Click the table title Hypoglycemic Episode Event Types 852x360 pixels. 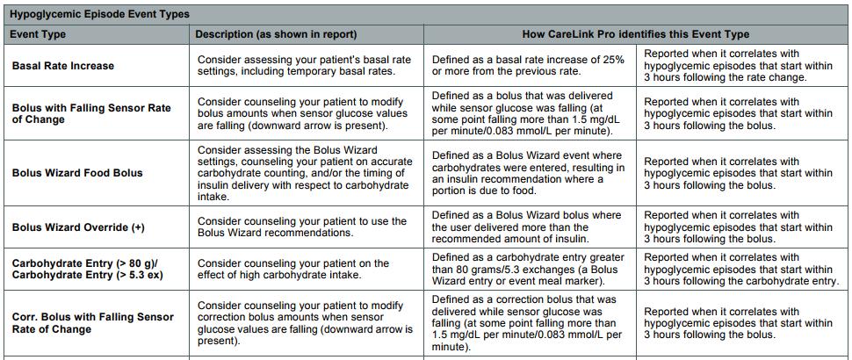pyautogui.click(x=99, y=14)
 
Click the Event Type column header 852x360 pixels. pyautogui.click(x=38, y=34)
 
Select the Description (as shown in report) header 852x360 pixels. pyautogui.click(x=276, y=34)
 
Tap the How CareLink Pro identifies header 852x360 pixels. pyautogui.click(x=636, y=34)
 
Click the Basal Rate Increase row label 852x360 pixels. pyautogui.click(x=63, y=66)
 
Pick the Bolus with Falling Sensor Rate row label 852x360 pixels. pyautogui.click(x=91, y=113)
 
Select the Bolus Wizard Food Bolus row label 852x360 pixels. pyautogui.click(x=77, y=173)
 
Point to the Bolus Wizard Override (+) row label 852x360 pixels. pyautogui.click(x=78, y=227)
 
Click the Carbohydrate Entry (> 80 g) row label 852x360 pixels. pyautogui.click(x=85, y=270)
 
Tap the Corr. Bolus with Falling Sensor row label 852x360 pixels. pyautogui.click(x=93, y=323)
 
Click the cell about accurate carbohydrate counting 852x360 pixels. pyautogui.click(x=305, y=173)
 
